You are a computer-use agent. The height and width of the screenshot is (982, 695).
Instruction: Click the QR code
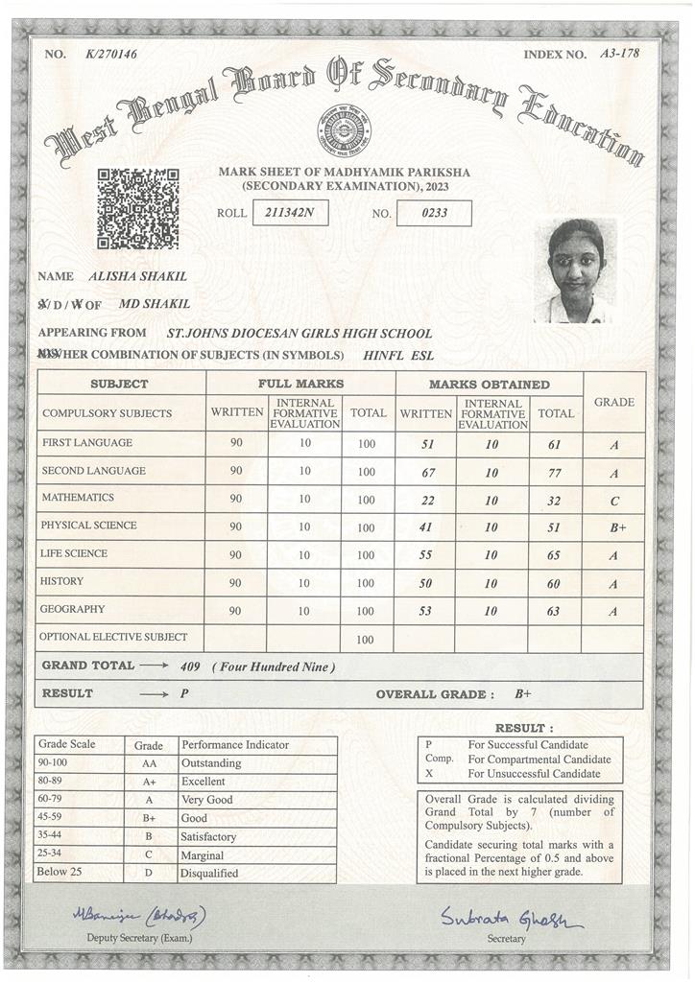coord(137,208)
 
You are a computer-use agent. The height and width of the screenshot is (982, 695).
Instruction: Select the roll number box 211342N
coord(289,213)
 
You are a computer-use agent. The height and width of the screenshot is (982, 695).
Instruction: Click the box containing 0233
coord(434,213)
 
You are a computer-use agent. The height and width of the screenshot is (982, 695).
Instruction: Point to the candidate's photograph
coord(575,271)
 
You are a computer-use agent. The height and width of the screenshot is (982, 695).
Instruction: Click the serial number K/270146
coord(111,54)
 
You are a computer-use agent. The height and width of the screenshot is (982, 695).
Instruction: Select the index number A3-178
coord(619,54)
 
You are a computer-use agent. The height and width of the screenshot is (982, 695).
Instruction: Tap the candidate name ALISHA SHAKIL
coord(137,276)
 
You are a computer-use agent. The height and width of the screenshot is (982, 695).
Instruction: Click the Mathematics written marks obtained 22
coord(425,500)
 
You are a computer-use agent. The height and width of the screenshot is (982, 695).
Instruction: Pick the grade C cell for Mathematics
coord(613,501)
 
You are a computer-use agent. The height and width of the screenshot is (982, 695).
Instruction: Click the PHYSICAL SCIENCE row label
coord(88,526)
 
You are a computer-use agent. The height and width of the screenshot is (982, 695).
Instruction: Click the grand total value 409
coord(190,666)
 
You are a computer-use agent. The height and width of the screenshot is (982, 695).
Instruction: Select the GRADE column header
coord(613,402)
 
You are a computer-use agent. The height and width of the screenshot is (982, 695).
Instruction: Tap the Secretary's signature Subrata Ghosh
coord(511,919)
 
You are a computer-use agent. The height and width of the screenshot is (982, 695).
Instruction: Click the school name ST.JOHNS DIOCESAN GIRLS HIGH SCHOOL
coord(300,334)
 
